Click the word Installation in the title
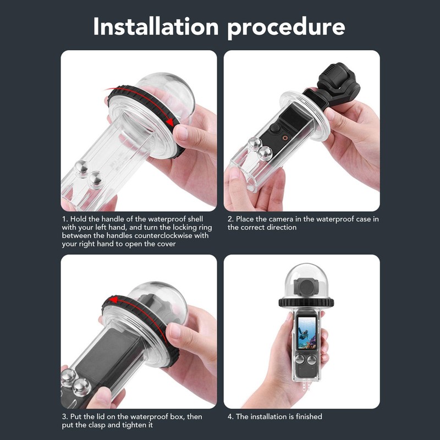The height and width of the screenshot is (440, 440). pyautogui.click(x=155, y=26)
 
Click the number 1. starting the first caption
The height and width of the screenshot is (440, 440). pyautogui.click(x=64, y=219)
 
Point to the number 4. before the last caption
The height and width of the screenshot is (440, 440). pyautogui.click(x=230, y=417)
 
